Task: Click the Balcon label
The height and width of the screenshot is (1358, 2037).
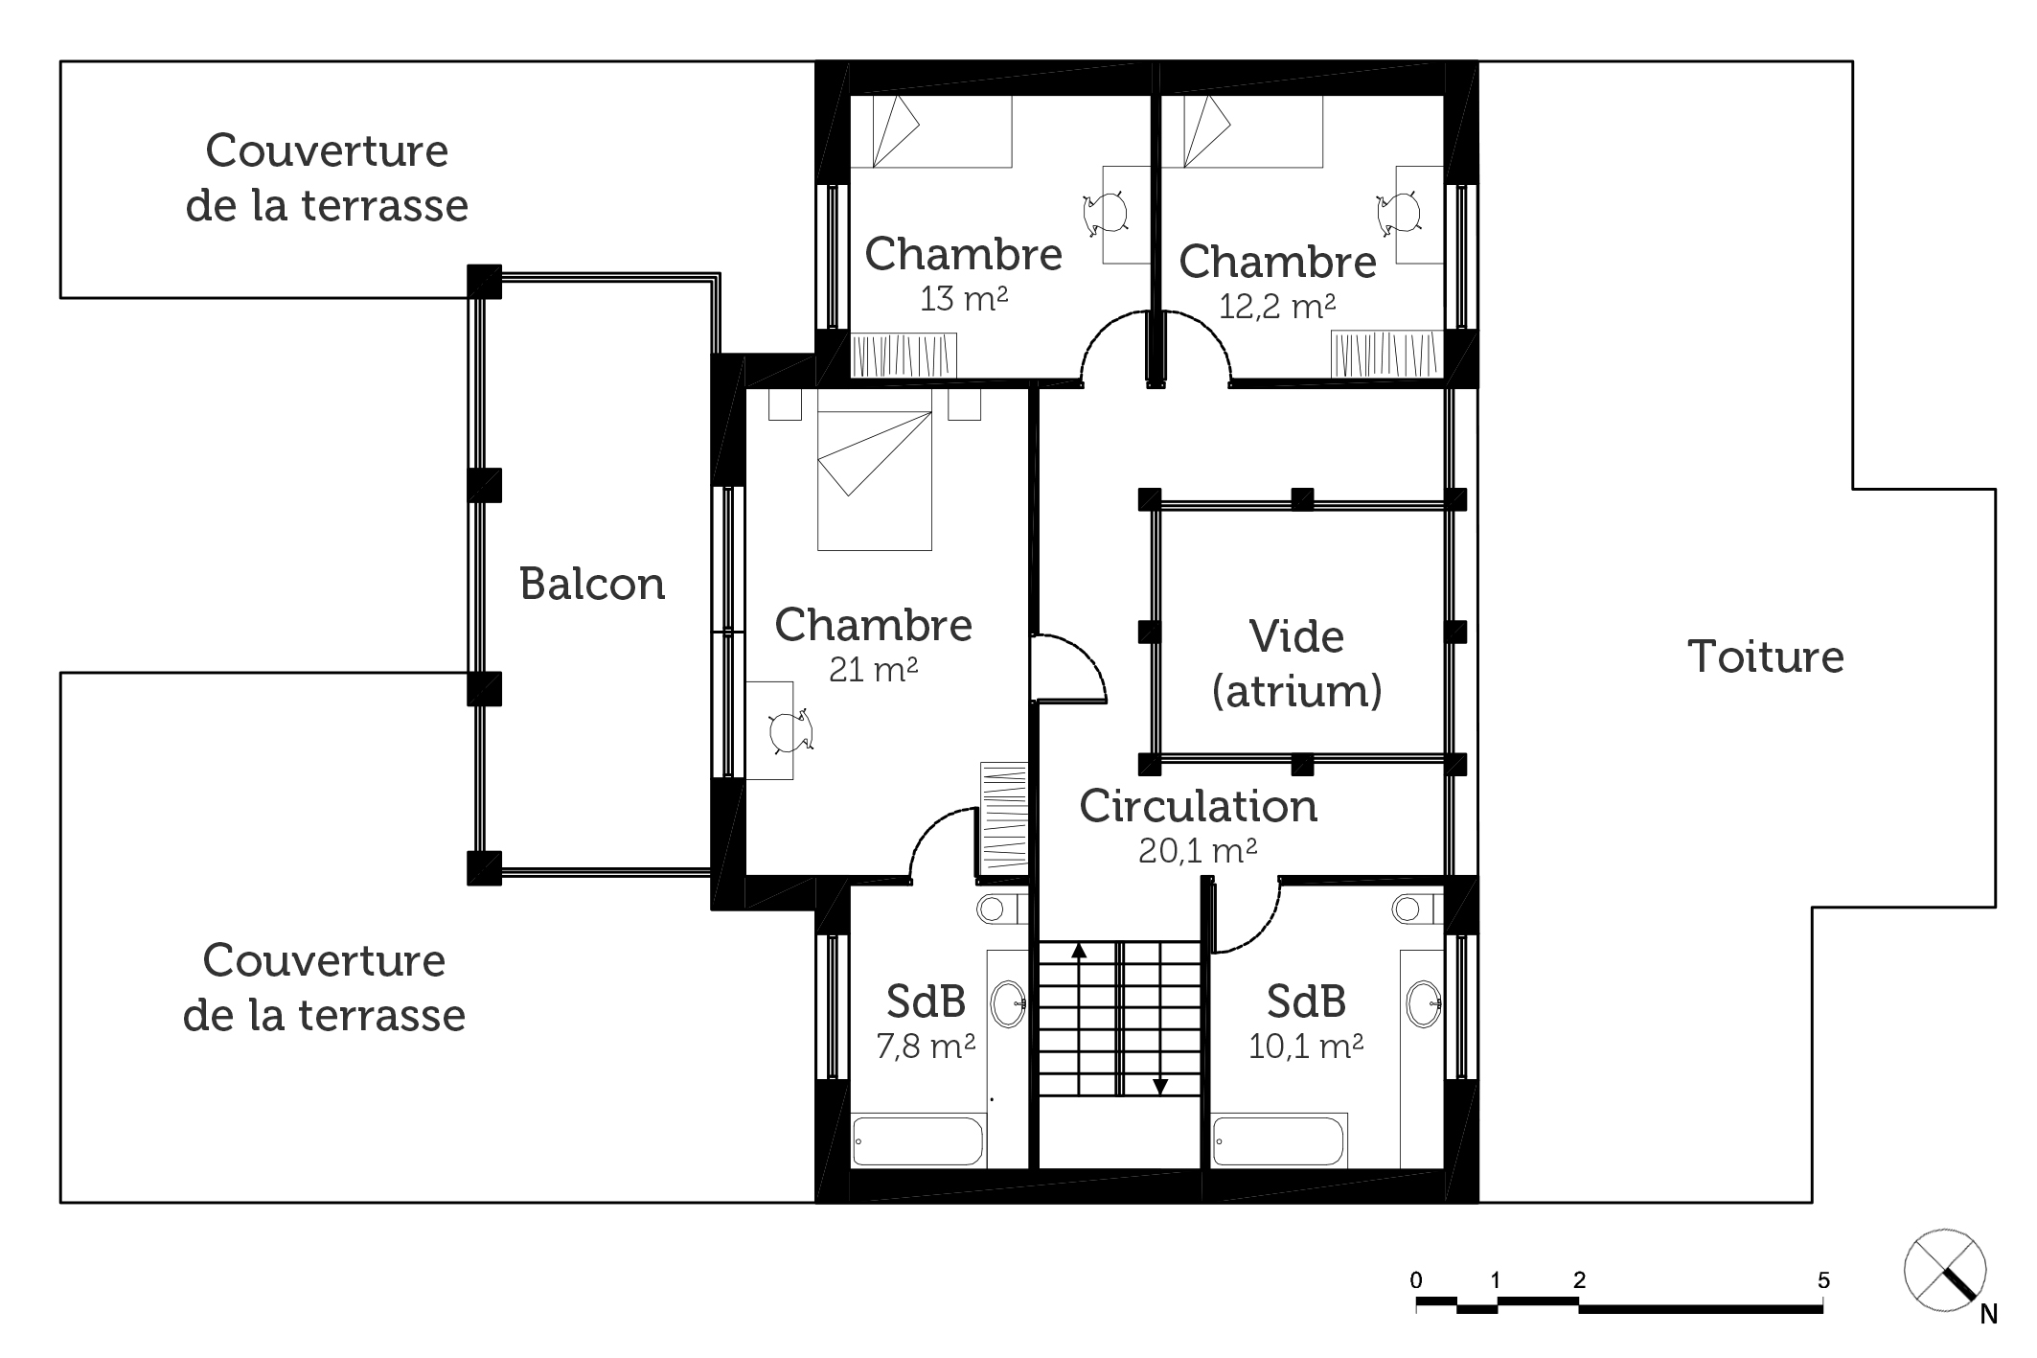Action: (592, 584)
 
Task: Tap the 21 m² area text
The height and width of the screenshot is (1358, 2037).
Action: (873, 669)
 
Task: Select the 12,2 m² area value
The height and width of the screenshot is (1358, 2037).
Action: (1277, 306)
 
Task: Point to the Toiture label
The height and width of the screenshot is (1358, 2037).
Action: (1765, 656)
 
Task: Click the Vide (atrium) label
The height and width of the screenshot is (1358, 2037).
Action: (1297, 663)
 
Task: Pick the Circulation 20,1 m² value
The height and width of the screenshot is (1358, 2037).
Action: (1198, 850)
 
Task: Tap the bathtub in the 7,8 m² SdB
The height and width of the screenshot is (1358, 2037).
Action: (918, 1140)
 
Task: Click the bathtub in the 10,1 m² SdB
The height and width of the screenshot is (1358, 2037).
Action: (1280, 1140)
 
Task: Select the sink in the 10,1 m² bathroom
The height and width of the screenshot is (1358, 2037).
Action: (1425, 1003)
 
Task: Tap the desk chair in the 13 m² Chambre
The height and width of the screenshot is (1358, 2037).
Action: (1104, 213)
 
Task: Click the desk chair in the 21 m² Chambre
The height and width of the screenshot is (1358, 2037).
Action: (791, 730)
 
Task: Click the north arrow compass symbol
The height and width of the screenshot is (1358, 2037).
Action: (1945, 1269)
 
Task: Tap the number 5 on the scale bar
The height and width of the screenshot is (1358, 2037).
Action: (1823, 1280)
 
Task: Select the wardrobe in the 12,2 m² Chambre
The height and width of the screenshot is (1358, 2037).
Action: (1386, 356)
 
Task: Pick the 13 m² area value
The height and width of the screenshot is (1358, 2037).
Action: (963, 299)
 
